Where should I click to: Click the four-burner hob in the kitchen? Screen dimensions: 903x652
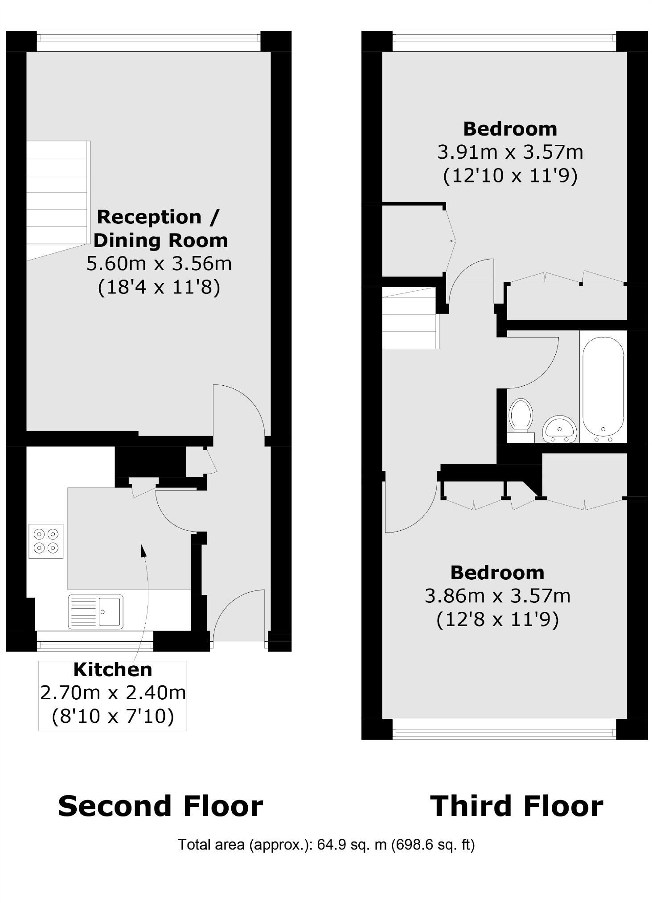(x=46, y=540)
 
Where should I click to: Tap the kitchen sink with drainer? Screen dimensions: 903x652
(x=95, y=611)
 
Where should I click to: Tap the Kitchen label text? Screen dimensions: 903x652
(x=113, y=669)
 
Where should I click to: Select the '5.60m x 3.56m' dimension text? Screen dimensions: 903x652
(x=159, y=264)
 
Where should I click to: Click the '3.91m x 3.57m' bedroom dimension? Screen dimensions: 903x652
(x=510, y=152)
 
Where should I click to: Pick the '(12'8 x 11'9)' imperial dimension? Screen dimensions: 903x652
(x=497, y=619)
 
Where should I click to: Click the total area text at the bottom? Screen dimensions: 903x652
(x=326, y=845)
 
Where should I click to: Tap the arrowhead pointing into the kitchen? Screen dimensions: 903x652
(x=144, y=551)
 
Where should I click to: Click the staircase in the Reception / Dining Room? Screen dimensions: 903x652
(x=57, y=196)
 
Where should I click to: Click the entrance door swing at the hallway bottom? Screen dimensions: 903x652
(x=239, y=615)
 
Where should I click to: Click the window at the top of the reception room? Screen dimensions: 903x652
(x=148, y=41)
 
